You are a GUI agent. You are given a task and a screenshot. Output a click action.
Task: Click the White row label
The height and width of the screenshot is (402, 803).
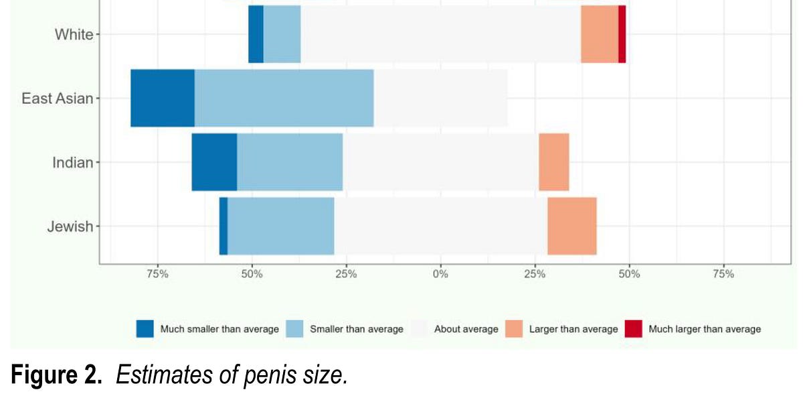pos(74,35)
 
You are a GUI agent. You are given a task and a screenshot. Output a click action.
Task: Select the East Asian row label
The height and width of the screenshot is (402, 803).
pos(57,98)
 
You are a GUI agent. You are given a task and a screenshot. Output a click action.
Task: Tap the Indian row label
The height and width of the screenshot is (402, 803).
pos(72,162)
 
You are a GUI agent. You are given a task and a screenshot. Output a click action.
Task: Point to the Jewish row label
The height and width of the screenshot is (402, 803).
pos(70,226)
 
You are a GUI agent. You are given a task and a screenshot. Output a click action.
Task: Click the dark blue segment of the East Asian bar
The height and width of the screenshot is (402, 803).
pos(163,98)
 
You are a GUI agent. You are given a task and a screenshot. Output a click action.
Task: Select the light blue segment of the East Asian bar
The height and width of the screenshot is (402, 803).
pos(284,98)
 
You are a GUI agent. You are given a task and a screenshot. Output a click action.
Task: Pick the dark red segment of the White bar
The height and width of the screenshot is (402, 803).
pos(622,34)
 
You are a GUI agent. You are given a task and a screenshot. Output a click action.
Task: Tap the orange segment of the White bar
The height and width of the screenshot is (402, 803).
pos(599,34)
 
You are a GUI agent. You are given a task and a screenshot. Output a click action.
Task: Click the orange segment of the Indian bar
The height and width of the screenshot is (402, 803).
pos(553,162)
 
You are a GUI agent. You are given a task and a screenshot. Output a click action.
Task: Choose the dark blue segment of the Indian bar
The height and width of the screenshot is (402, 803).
pos(214,162)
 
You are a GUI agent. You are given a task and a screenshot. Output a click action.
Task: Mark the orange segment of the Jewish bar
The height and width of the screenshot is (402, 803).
pos(571,226)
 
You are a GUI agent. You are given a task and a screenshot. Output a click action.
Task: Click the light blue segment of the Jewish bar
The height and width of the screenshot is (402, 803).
pos(281,226)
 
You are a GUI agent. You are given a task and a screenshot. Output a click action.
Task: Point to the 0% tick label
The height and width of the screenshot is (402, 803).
pos(440,273)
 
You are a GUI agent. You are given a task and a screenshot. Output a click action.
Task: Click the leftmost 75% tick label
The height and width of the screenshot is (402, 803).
pos(157,273)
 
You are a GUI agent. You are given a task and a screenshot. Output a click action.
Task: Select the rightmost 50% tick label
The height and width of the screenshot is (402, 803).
pos(629,273)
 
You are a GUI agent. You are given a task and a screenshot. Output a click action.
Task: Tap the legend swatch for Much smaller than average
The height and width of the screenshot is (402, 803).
pos(145,329)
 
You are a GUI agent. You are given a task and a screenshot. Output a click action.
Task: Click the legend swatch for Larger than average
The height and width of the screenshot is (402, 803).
pos(514,329)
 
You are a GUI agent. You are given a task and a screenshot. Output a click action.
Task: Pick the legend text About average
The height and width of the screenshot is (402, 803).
pos(466,329)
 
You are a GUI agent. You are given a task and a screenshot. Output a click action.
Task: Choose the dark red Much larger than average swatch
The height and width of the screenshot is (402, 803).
pos(633,329)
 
